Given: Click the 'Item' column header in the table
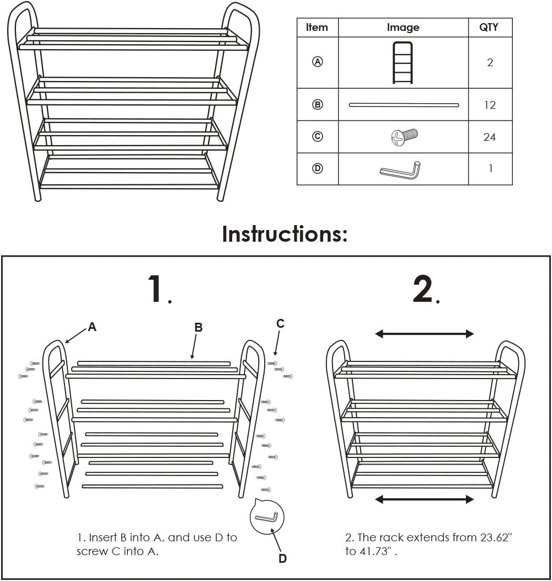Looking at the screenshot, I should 317,28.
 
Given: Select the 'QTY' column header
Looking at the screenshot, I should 489,28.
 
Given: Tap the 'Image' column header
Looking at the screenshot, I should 403,28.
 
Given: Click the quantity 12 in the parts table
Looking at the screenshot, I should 490,105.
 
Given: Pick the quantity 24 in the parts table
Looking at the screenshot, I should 490,137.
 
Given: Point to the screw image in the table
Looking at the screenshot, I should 405,137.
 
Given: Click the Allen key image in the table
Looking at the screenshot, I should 401,169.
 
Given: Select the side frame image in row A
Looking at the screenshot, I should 403,63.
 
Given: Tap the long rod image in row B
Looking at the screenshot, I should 404,105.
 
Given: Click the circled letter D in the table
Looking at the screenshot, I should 318,169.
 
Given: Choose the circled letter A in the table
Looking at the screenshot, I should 318,62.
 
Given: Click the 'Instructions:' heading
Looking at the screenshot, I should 285,234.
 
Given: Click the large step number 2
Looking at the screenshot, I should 424,289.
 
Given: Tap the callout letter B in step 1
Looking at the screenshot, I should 199,328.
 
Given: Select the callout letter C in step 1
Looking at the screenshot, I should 280,324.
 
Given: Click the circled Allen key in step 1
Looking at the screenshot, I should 268,516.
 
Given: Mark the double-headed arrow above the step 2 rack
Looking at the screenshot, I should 424,334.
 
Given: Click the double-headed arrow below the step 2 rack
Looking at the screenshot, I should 424,499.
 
